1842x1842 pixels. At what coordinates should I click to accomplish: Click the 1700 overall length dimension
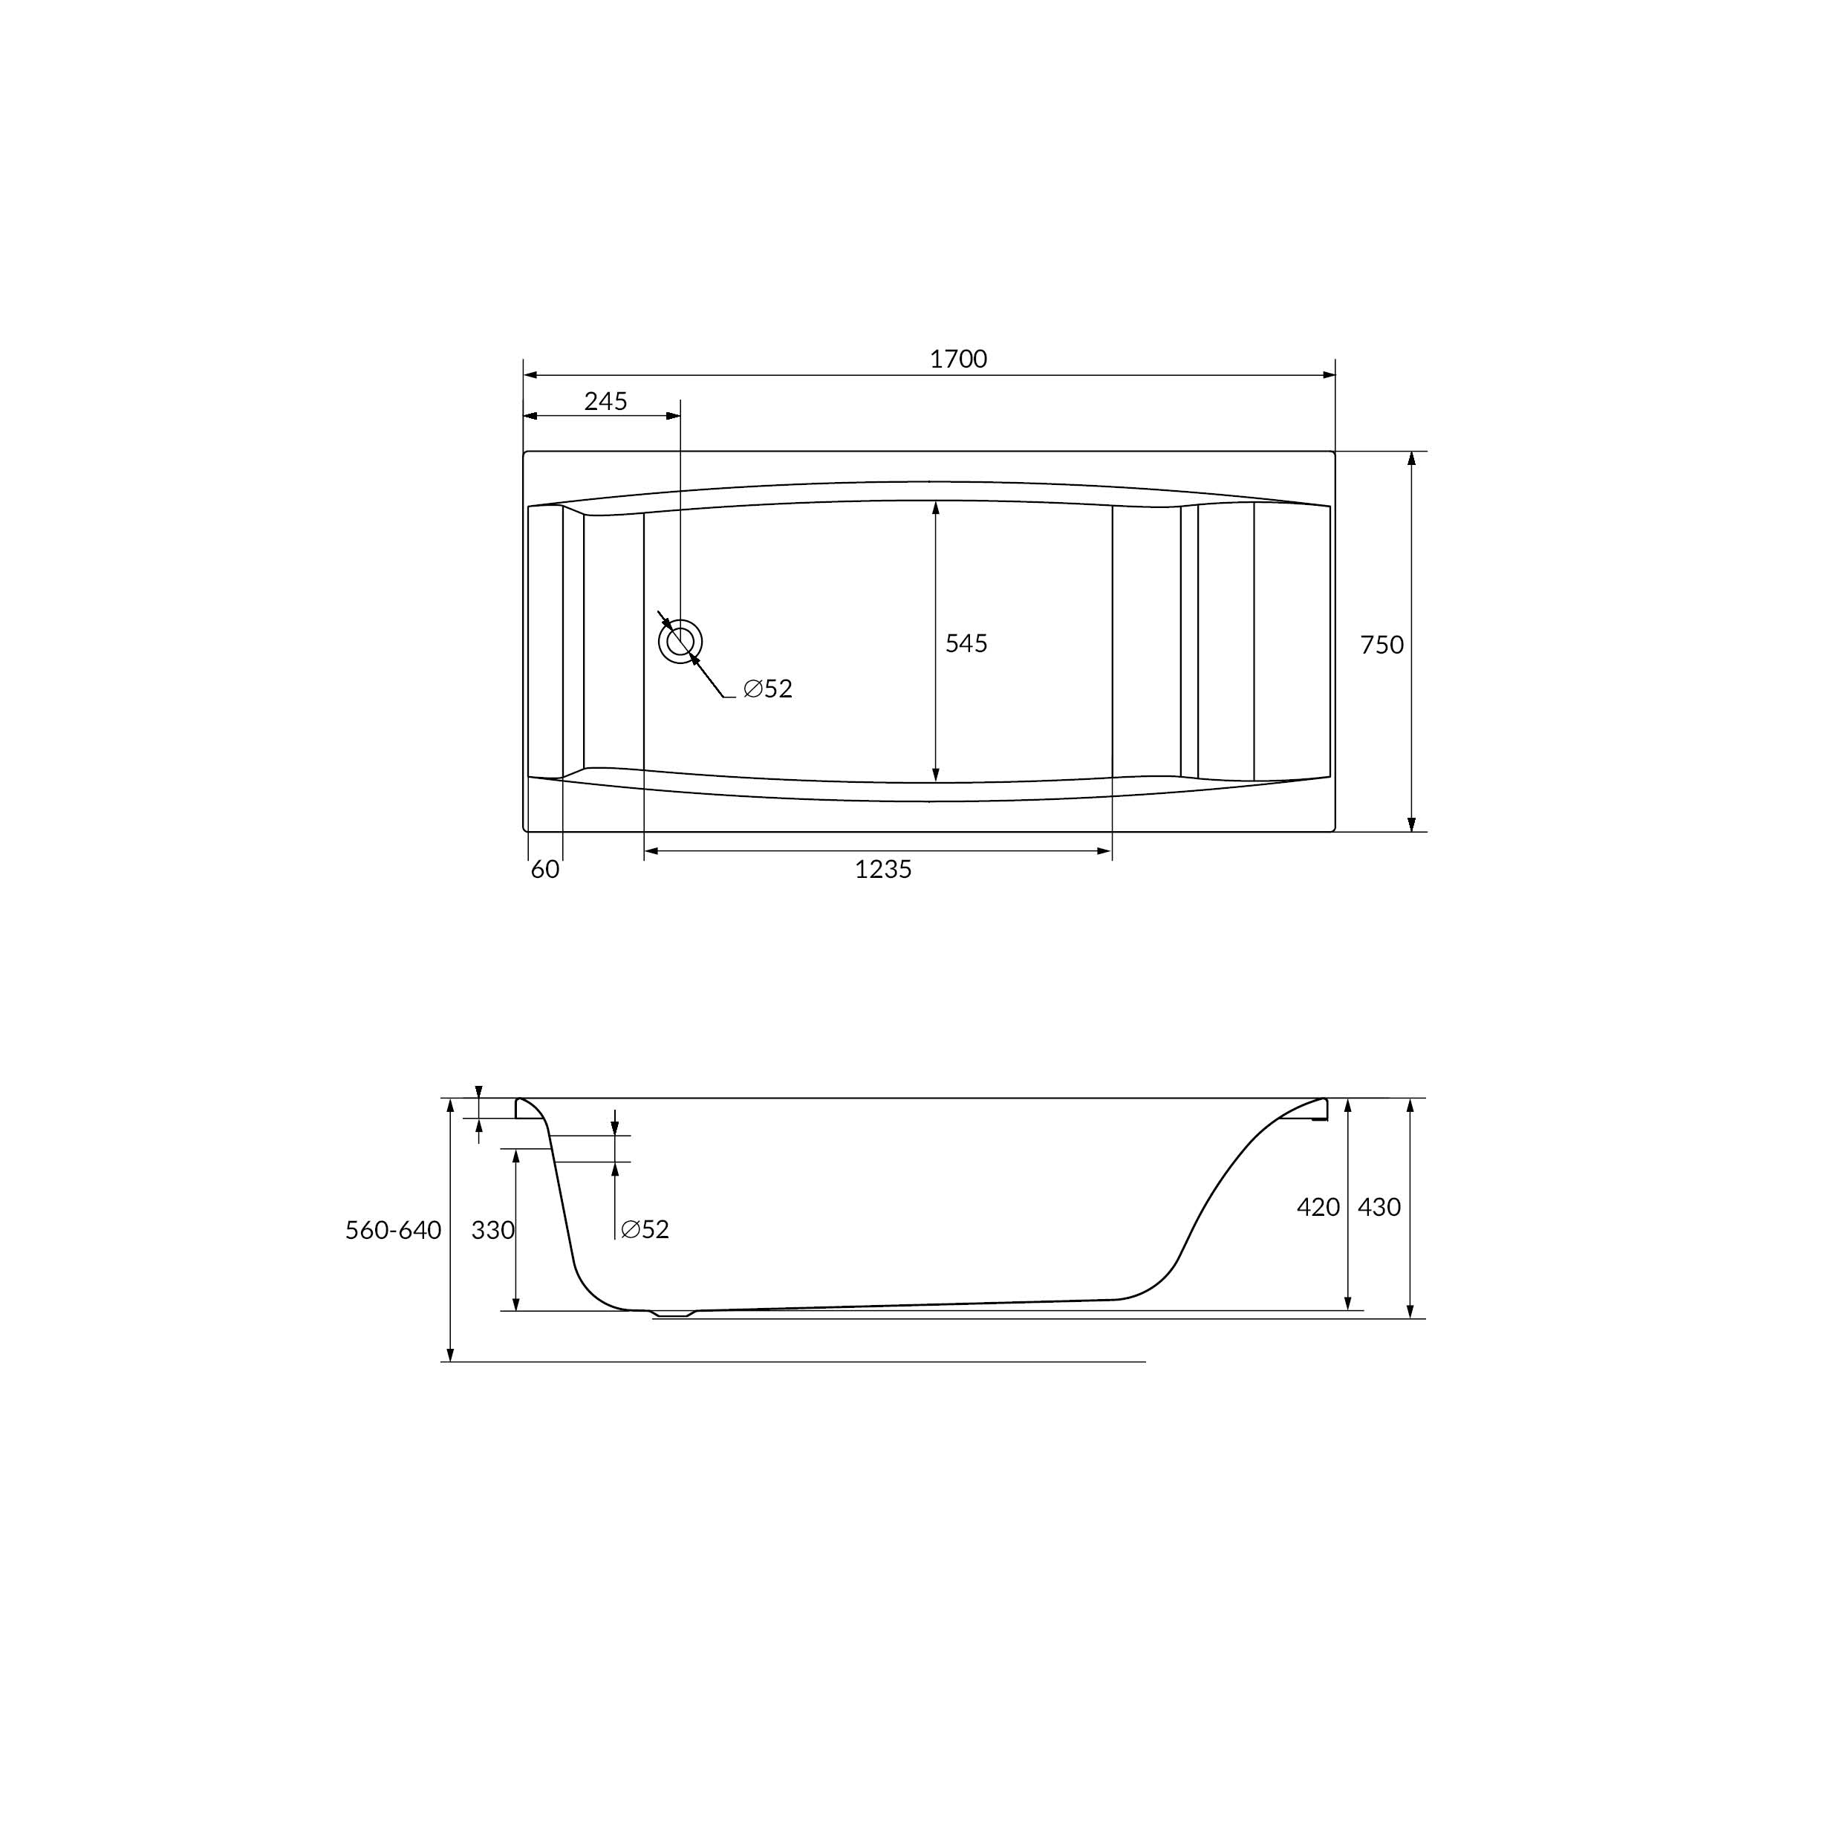pos(958,359)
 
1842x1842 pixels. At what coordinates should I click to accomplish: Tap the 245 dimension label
pos(605,401)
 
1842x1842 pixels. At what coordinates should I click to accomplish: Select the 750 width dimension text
pos(1381,645)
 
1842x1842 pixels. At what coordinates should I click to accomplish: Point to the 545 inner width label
pos(966,643)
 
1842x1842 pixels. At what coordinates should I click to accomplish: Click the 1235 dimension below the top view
pos(883,870)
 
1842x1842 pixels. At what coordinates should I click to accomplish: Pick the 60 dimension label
pos(544,870)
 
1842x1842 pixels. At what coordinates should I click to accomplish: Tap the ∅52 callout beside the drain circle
pos(767,689)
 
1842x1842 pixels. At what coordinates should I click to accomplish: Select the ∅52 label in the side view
pos(645,1230)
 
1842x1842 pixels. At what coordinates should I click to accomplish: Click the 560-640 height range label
pos(393,1231)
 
